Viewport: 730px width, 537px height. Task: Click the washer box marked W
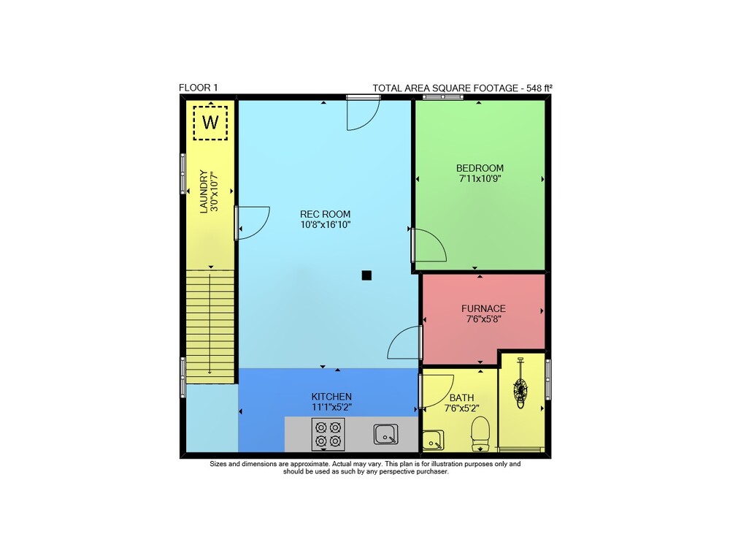coord(210,123)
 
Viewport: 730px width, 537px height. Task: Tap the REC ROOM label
coord(325,214)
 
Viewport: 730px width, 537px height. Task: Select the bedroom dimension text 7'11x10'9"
coord(480,178)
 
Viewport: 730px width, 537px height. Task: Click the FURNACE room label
coord(483,308)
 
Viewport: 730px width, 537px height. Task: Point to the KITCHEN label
coord(331,396)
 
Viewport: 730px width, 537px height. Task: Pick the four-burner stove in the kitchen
coord(328,434)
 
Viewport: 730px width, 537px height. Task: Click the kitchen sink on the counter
coord(386,434)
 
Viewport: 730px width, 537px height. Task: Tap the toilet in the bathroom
coord(480,433)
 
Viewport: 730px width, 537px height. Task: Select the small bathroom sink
coord(433,440)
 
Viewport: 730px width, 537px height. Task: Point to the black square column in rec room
coord(366,275)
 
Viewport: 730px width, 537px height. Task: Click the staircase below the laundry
coord(210,327)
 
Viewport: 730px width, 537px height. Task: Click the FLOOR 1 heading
coord(199,87)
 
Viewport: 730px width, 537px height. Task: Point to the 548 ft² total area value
coord(539,88)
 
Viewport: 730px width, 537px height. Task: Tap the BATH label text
coord(462,397)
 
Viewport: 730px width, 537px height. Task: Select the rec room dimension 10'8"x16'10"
coord(325,225)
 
